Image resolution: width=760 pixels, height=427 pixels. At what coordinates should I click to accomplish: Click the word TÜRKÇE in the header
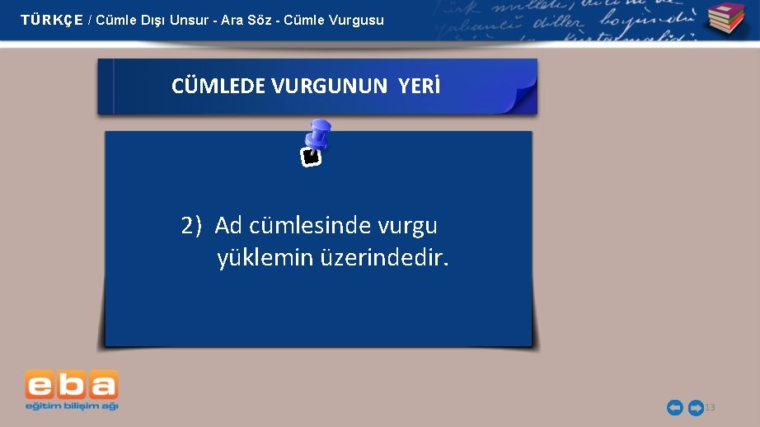[x=51, y=20]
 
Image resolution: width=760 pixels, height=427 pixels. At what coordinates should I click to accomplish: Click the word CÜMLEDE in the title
[x=218, y=87]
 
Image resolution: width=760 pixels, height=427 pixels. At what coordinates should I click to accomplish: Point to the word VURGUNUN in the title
[x=330, y=87]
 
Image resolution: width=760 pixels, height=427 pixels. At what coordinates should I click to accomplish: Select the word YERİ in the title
[x=420, y=87]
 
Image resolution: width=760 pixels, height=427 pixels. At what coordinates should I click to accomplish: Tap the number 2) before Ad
[x=191, y=226]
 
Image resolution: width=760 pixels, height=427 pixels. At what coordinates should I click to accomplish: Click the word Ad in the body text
[x=228, y=226]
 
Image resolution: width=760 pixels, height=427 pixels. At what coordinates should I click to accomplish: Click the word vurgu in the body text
[x=408, y=226]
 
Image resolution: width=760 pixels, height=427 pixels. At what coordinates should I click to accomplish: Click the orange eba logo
[x=72, y=384]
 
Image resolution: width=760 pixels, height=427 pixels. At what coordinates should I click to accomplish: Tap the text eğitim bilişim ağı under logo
[x=72, y=406]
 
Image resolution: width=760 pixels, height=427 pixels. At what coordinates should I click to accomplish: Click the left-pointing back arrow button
[x=674, y=407]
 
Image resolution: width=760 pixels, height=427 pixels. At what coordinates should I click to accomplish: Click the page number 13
[x=711, y=408]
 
